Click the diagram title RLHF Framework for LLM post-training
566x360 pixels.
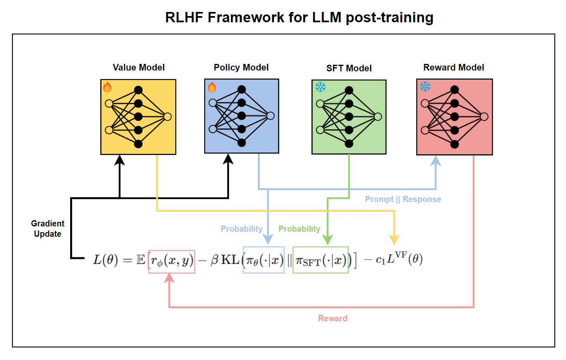[x=299, y=18]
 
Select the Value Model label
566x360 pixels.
[x=139, y=67]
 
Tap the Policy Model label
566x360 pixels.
[x=241, y=67]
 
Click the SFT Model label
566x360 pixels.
[x=349, y=68]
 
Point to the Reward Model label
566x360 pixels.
[x=454, y=67]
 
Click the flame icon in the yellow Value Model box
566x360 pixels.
[x=107, y=87]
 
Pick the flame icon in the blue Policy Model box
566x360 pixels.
[x=212, y=87]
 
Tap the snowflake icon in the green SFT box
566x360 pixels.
[x=320, y=87]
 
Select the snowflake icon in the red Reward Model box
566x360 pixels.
[x=425, y=87]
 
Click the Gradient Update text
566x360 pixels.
[x=48, y=228]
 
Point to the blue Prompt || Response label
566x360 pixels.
[x=403, y=199]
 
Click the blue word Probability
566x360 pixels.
[x=242, y=228]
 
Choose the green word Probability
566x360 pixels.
[x=300, y=228]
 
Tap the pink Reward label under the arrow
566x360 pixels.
[x=333, y=318]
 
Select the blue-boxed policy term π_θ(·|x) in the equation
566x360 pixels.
[x=264, y=260]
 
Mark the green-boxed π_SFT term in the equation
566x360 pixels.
[x=321, y=260]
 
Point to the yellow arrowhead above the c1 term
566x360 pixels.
[x=395, y=240]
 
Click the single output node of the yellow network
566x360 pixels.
[x=167, y=117]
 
